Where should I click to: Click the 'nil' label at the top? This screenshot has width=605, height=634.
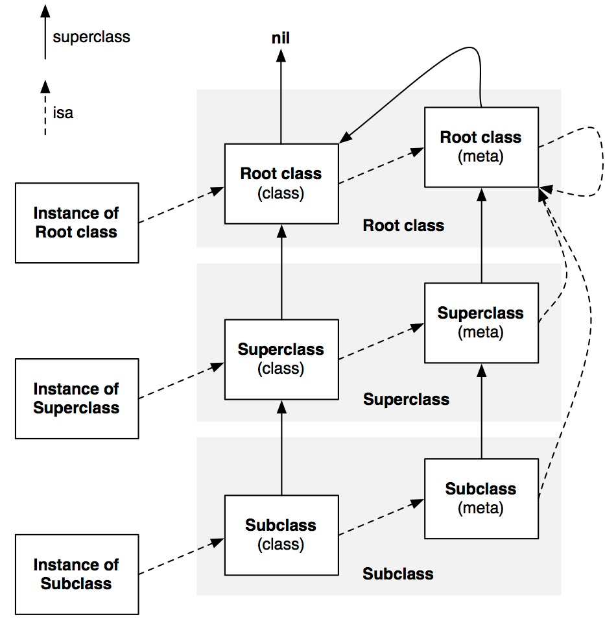(x=281, y=38)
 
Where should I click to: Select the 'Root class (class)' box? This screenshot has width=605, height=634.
(x=281, y=184)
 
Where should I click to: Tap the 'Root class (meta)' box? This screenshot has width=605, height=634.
(x=481, y=147)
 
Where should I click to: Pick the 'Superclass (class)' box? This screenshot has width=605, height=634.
(x=281, y=360)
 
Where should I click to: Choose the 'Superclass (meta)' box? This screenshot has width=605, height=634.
(x=481, y=323)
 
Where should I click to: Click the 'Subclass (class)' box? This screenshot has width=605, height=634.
(x=281, y=535)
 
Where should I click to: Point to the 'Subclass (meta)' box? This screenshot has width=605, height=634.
(x=481, y=498)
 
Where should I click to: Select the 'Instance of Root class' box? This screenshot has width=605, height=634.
(x=77, y=223)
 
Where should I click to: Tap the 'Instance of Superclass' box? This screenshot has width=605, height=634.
(x=77, y=398)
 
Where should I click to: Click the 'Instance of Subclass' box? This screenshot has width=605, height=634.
(x=77, y=574)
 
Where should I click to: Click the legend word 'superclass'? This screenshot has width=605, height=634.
(x=91, y=37)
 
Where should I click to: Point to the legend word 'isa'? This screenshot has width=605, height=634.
(x=63, y=113)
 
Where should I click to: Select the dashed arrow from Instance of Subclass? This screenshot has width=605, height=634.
(x=182, y=556)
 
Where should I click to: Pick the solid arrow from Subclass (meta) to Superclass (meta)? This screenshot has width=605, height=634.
(x=481, y=411)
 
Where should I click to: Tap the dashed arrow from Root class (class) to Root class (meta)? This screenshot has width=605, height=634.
(x=381, y=165)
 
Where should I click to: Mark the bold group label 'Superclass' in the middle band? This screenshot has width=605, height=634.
(x=406, y=400)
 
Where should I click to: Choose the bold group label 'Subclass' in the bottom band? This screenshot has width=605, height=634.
(x=398, y=574)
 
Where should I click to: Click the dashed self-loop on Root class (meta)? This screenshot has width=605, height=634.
(x=602, y=162)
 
